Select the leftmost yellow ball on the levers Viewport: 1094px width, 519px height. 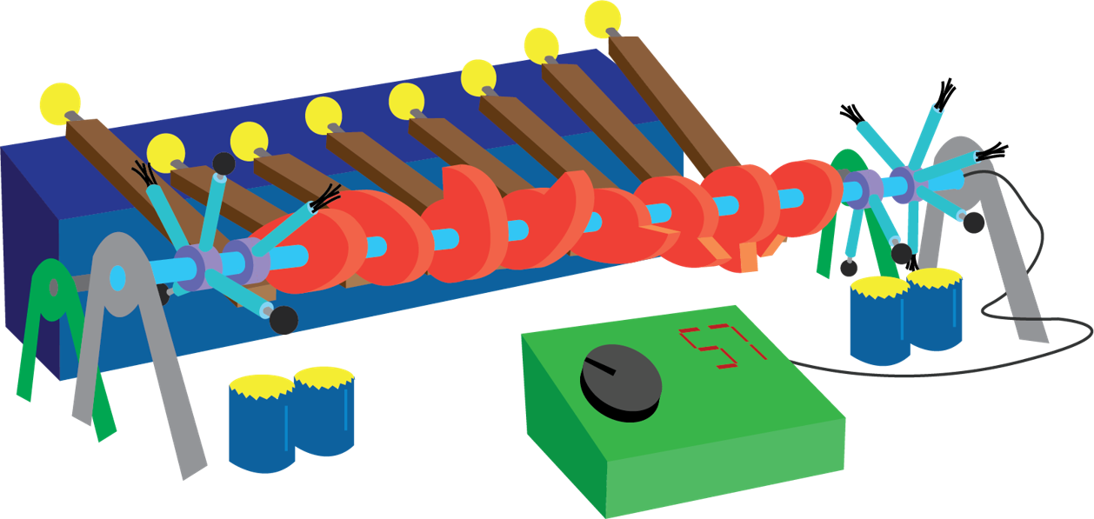point(60,102)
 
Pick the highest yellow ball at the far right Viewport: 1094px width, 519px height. point(603,17)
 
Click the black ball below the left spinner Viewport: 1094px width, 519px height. point(284,321)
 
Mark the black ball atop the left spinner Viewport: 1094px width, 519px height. point(223,163)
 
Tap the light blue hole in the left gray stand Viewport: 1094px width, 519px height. point(117,278)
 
